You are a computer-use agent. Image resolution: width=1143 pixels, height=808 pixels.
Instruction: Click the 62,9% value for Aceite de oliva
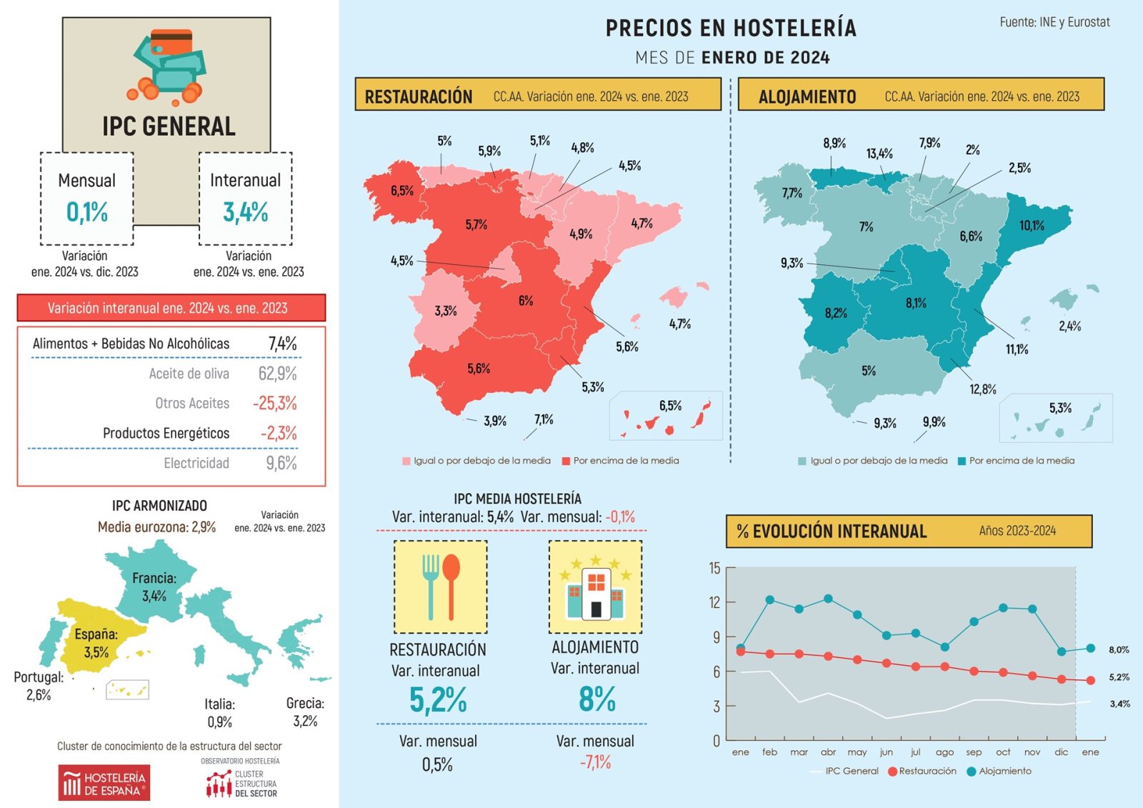(x=277, y=374)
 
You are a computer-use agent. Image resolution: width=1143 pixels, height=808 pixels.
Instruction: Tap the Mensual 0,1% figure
(x=86, y=212)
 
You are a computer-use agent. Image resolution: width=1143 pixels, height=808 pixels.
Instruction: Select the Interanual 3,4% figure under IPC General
(x=245, y=212)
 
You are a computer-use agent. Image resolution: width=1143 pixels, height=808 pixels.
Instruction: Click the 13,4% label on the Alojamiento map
(x=879, y=154)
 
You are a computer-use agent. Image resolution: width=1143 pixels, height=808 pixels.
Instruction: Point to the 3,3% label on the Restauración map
(x=446, y=311)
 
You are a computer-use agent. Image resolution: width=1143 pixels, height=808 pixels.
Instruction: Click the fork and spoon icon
(x=441, y=587)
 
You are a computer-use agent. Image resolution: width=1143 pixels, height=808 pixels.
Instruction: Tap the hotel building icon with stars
(x=595, y=587)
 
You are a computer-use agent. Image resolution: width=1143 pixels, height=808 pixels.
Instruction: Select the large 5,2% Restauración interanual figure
(x=438, y=700)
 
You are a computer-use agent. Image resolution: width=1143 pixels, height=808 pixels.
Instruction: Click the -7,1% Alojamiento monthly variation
(x=595, y=762)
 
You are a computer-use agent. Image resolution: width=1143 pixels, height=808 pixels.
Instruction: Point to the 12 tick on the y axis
(x=714, y=602)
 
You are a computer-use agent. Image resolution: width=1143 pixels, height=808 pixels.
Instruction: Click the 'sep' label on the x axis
(x=974, y=752)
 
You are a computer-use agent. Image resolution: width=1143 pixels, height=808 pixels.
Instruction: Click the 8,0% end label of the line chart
(x=1119, y=649)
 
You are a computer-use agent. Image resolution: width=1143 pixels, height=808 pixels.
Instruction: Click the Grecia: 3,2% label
(x=305, y=712)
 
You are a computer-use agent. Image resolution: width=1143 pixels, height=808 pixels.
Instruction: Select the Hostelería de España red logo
(x=104, y=783)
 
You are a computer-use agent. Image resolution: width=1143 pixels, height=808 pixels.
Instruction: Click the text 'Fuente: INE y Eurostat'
(x=1054, y=22)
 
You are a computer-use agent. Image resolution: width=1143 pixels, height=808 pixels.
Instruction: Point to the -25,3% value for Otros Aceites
(x=274, y=403)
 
